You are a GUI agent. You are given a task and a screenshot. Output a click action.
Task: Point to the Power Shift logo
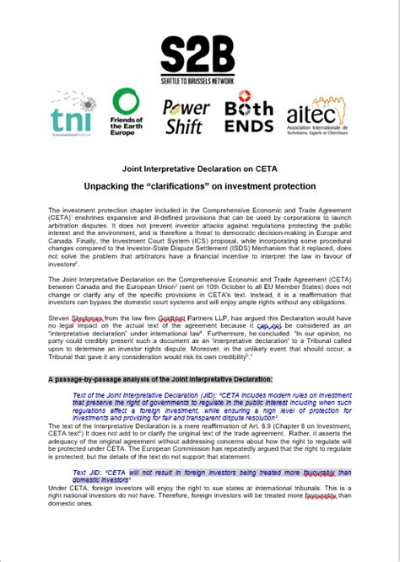pyautogui.click(x=186, y=116)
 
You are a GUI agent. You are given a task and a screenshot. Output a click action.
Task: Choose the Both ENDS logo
pyautogui.click(x=250, y=116)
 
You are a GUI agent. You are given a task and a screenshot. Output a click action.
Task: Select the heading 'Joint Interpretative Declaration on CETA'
pyautogui.click(x=200, y=169)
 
